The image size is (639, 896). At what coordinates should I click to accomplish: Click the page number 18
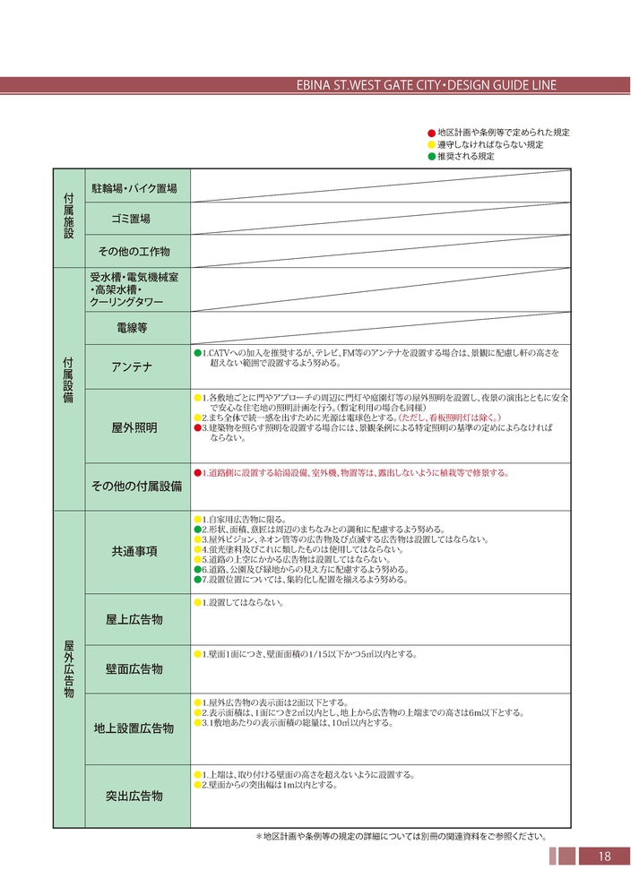(x=604, y=857)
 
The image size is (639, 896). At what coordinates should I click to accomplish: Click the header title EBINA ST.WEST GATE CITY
(x=370, y=86)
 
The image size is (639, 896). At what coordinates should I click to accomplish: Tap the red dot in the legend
(x=430, y=133)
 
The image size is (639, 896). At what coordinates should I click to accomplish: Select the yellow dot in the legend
(x=430, y=144)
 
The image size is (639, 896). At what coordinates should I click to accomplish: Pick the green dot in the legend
(x=430, y=156)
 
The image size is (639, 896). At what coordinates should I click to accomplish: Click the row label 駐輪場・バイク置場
(x=134, y=188)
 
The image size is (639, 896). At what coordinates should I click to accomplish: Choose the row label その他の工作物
(x=134, y=251)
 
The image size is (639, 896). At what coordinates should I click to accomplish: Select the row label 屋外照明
(x=134, y=428)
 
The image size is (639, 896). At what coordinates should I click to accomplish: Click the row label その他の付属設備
(x=136, y=487)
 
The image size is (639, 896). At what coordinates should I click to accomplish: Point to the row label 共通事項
(x=134, y=551)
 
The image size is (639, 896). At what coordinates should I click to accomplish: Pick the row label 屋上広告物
(x=134, y=620)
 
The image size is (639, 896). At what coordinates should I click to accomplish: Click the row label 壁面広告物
(x=134, y=669)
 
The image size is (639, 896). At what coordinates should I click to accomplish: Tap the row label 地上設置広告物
(x=134, y=728)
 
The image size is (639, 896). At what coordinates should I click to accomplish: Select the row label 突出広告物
(x=134, y=796)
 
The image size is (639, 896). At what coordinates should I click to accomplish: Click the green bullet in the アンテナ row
(x=197, y=354)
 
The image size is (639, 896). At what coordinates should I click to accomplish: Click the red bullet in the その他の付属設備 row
(x=197, y=472)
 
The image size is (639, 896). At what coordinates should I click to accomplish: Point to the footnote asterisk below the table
(x=259, y=836)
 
